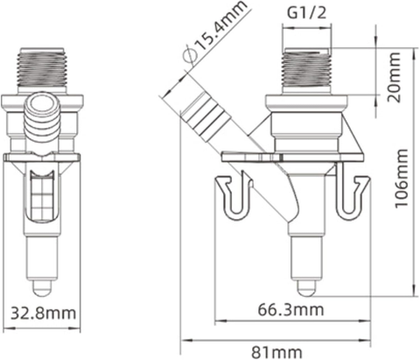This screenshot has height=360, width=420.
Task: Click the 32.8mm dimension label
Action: tap(43, 314)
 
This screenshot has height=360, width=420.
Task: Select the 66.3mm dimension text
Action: tap(290, 309)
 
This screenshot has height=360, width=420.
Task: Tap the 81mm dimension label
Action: tap(276, 352)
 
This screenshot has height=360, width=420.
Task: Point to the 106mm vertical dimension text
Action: tap(401, 179)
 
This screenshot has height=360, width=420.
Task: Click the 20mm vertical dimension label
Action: tap(393, 77)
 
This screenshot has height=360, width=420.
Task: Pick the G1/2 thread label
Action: tap(307, 13)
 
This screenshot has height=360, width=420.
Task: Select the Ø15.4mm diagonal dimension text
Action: tap(214, 32)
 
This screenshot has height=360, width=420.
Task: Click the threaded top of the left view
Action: tap(43, 67)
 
